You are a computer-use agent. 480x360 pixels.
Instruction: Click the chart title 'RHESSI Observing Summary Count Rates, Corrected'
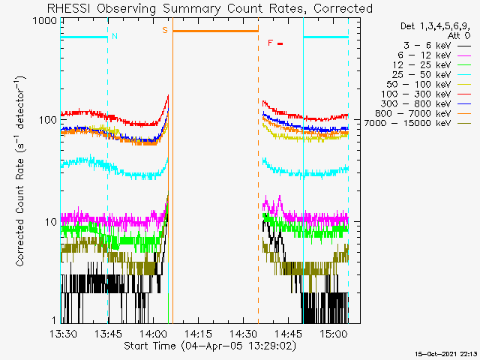(x=210, y=8)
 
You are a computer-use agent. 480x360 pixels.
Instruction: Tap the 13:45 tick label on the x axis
(x=108, y=334)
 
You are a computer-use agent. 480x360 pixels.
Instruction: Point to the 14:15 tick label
(x=198, y=334)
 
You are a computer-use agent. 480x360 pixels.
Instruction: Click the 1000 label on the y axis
(x=44, y=21)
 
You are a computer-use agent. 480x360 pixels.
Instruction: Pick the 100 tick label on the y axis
(x=48, y=120)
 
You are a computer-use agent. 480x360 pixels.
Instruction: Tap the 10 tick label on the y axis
(x=51, y=222)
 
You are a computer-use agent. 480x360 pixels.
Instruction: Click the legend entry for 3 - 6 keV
(x=427, y=46)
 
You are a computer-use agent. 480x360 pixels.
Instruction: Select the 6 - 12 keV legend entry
(x=424, y=55)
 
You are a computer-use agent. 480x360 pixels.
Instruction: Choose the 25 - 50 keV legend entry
(x=421, y=75)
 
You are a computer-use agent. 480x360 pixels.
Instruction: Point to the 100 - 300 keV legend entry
(x=415, y=94)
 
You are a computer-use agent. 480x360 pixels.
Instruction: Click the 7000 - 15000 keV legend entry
(x=407, y=123)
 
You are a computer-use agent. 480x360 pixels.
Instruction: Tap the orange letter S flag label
(x=165, y=30)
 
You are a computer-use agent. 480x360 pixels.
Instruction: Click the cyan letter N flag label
(x=115, y=36)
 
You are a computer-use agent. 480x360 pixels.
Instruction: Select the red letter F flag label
(x=270, y=43)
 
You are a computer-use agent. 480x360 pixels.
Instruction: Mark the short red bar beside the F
(x=280, y=43)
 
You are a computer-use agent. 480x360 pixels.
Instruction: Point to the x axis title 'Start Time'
(x=150, y=346)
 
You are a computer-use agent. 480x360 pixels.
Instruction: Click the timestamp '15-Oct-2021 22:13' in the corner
(x=446, y=354)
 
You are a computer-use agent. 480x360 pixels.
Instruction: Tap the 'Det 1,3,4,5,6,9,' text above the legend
(x=435, y=26)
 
